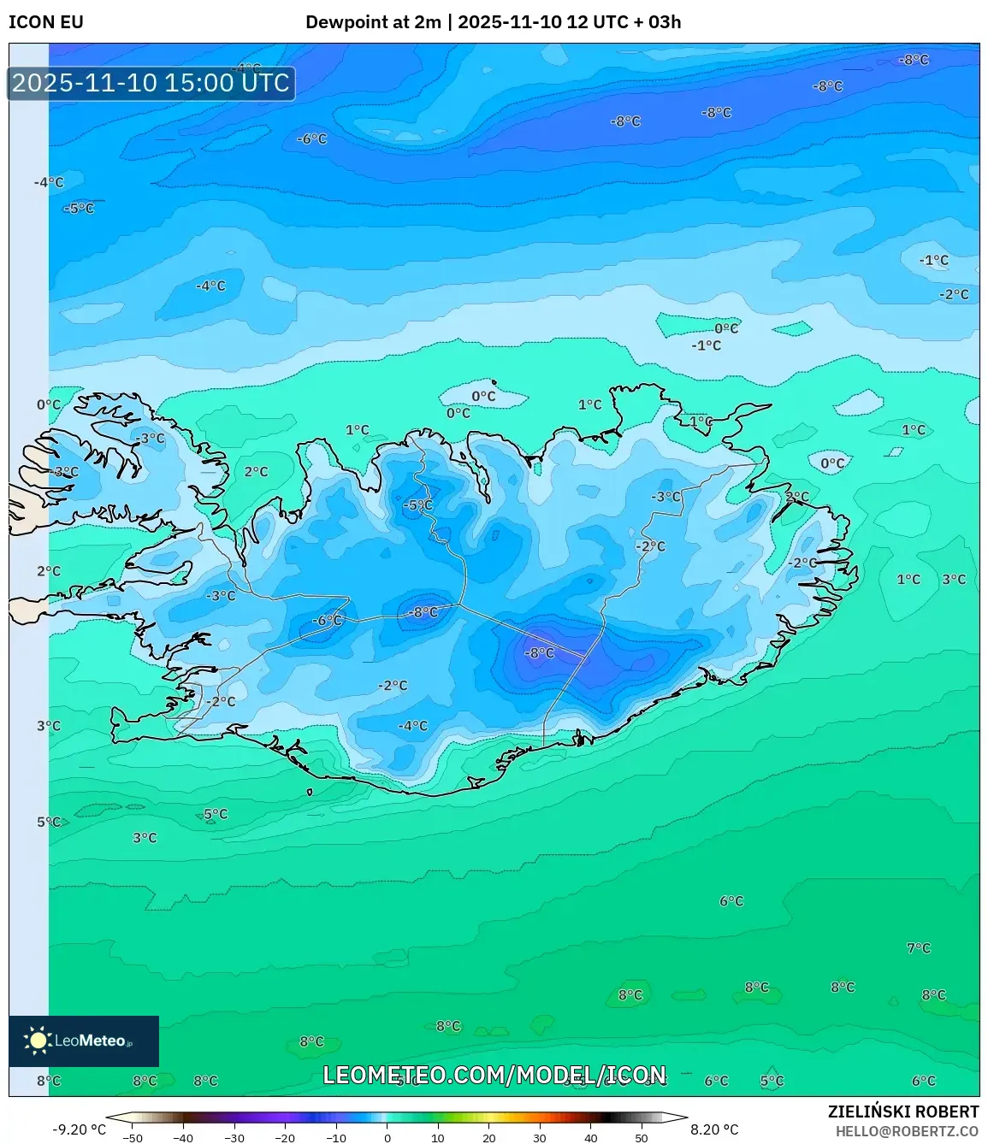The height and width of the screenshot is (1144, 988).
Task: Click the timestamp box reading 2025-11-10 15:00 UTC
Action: pyautogui.click(x=151, y=83)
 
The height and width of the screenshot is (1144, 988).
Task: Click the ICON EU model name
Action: pyautogui.click(x=46, y=22)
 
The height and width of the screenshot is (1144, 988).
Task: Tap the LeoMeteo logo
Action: pyautogui.click(x=84, y=1041)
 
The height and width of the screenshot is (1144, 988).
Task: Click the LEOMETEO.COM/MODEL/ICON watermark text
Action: pyautogui.click(x=494, y=1075)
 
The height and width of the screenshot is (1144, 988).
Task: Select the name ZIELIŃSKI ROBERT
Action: pyautogui.click(x=902, y=1112)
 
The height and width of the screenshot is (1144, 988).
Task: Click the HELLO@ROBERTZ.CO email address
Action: pyautogui.click(x=907, y=1130)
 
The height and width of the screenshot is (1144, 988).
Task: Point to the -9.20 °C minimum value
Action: pyautogui.click(x=79, y=1129)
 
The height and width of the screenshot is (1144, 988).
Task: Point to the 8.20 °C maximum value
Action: pyautogui.click(x=714, y=1129)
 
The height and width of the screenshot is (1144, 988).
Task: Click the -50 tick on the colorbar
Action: pyautogui.click(x=133, y=1138)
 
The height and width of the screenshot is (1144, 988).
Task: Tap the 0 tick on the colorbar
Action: pyautogui.click(x=388, y=1138)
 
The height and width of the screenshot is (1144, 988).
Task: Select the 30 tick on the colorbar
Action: pyautogui.click(x=540, y=1138)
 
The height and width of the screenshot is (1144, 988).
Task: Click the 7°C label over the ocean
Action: pyautogui.click(x=918, y=947)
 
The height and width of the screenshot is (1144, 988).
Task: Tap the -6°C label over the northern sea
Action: pyautogui.click(x=311, y=139)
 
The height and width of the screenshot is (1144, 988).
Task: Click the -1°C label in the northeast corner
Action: pyautogui.click(x=933, y=260)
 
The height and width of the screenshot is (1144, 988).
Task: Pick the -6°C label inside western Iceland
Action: pyautogui.click(x=327, y=620)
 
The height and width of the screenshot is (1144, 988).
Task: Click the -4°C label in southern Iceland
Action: pyautogui.click(x=412, y=725)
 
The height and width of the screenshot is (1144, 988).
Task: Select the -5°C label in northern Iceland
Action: pyautogui.click(x=417, y=504)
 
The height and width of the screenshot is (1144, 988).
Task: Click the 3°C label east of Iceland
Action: pyautogui.click(x=954, y=579)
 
